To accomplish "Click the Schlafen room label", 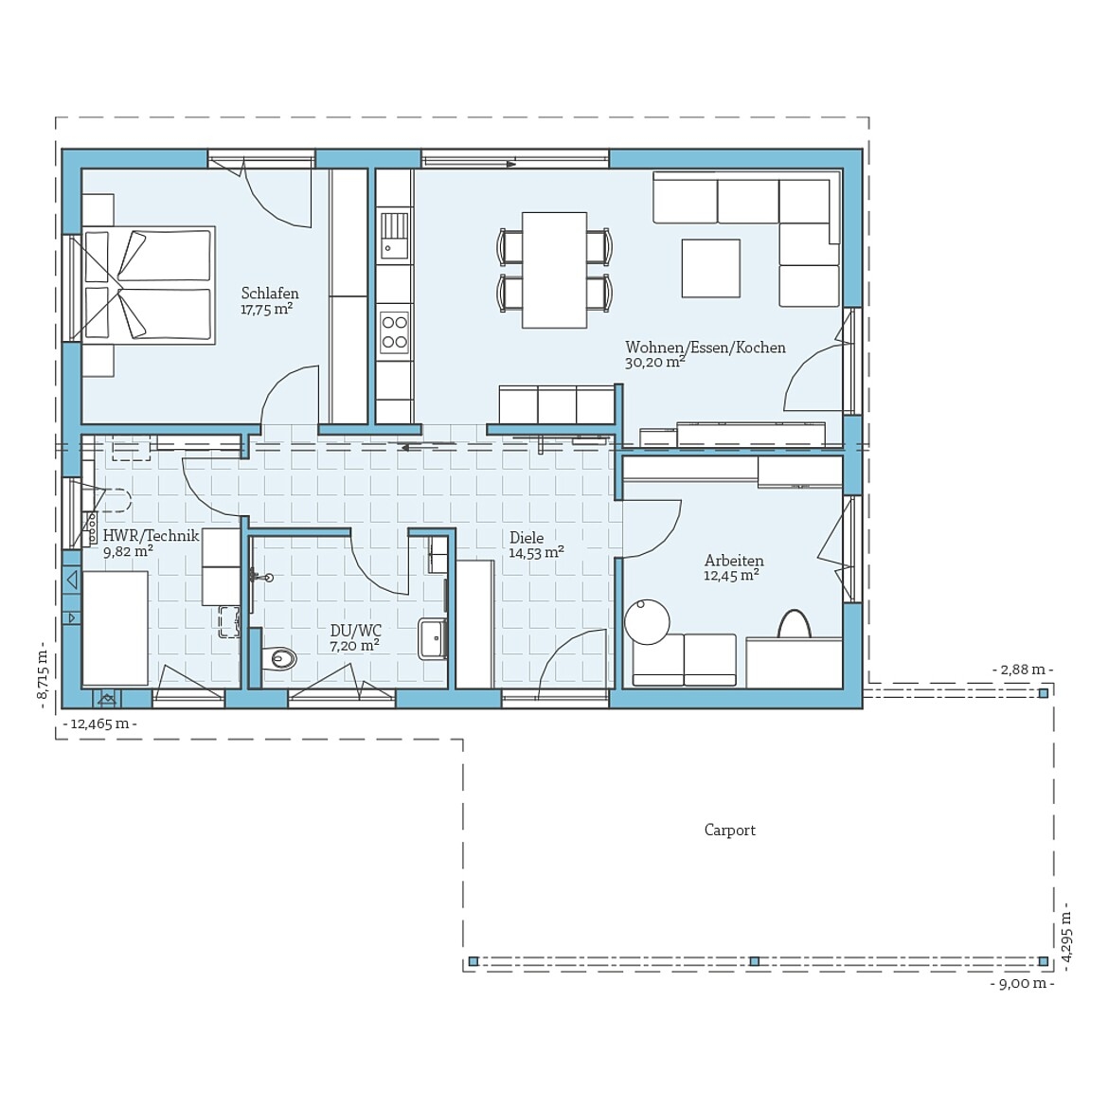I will point(270,294).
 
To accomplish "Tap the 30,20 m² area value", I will point(654,363).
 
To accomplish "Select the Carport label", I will point(729,831).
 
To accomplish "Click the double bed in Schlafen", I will point(148,284).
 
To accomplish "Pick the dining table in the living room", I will point(554,270).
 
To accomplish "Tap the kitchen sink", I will point(394,236).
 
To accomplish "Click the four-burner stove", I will point(394,332).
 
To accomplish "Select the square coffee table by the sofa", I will point(710,268).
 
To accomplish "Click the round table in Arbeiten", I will point(647,622).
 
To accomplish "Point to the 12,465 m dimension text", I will point(99,724).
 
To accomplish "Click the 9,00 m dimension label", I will point(1022,984).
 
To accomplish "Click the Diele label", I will point(527,538).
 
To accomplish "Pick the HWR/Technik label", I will point(151,536).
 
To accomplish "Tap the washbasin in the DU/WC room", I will point(433,638).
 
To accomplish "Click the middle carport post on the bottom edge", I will point(754,961).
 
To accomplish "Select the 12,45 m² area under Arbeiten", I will point(731,576).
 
